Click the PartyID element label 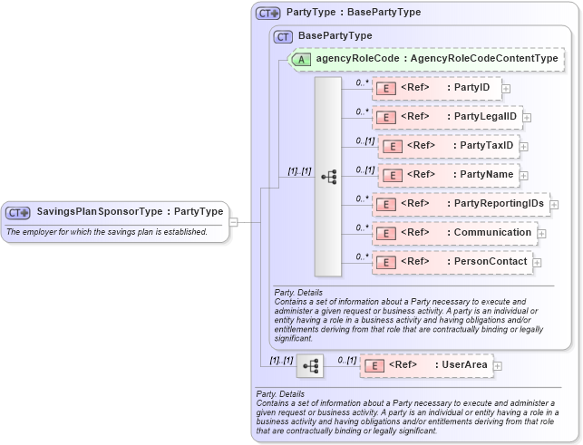click(471, 88)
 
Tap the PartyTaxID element click(448, 146)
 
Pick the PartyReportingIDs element click(460, 204)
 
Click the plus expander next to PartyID click(506, 89)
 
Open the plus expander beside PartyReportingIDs click(554, 205)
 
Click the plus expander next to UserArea click(498, 366)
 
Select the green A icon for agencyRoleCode click(301, 59)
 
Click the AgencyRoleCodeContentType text click(484, 59)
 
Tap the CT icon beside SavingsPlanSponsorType click(18, 212)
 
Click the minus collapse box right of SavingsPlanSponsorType click(233, 220)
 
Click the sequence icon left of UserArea click(310, 365)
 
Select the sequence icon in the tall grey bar click(328, 177)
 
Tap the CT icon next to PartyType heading click(267, 13)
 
